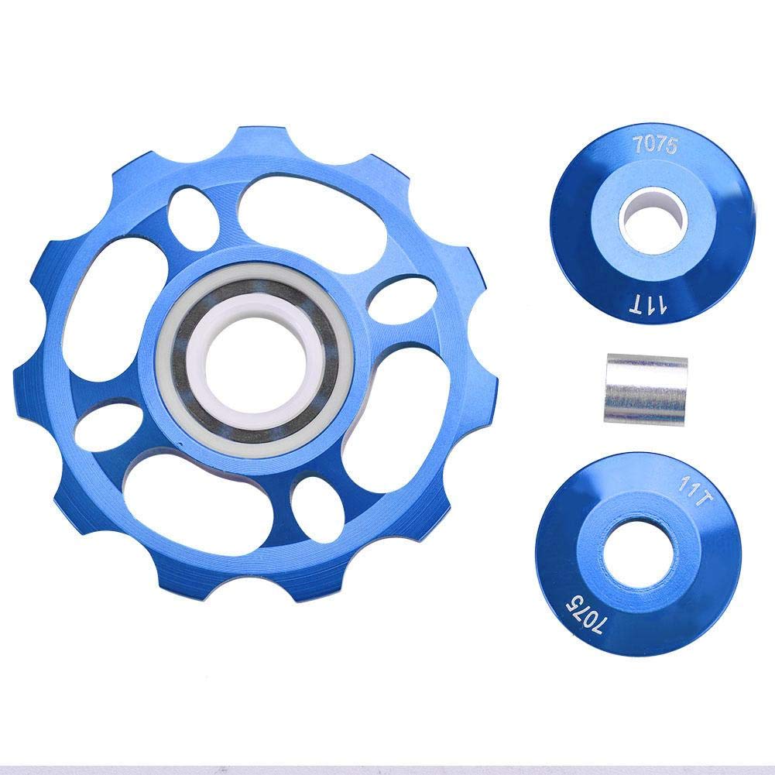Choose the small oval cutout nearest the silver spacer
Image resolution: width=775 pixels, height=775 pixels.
pyautogui.click(x=392, y=304)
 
